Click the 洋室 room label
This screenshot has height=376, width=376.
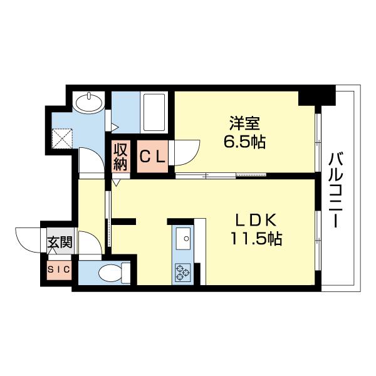coord(240,123)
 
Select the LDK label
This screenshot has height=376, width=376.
coord(256,221)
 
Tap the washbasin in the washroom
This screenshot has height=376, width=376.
coord(90,102)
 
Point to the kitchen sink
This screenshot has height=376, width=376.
coord(184,238)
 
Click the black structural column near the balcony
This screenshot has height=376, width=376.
coord(316,97)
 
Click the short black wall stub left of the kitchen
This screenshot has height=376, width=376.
coord(124,220)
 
